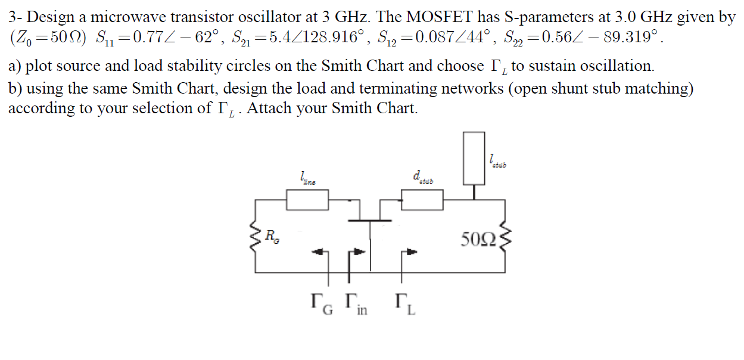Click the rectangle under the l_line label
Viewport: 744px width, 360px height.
tap(307, 200)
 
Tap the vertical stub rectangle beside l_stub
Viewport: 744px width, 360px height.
tap(474, 158)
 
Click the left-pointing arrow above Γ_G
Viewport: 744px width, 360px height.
tap(320, 253)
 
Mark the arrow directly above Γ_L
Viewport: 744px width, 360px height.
tap(410, 253)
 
